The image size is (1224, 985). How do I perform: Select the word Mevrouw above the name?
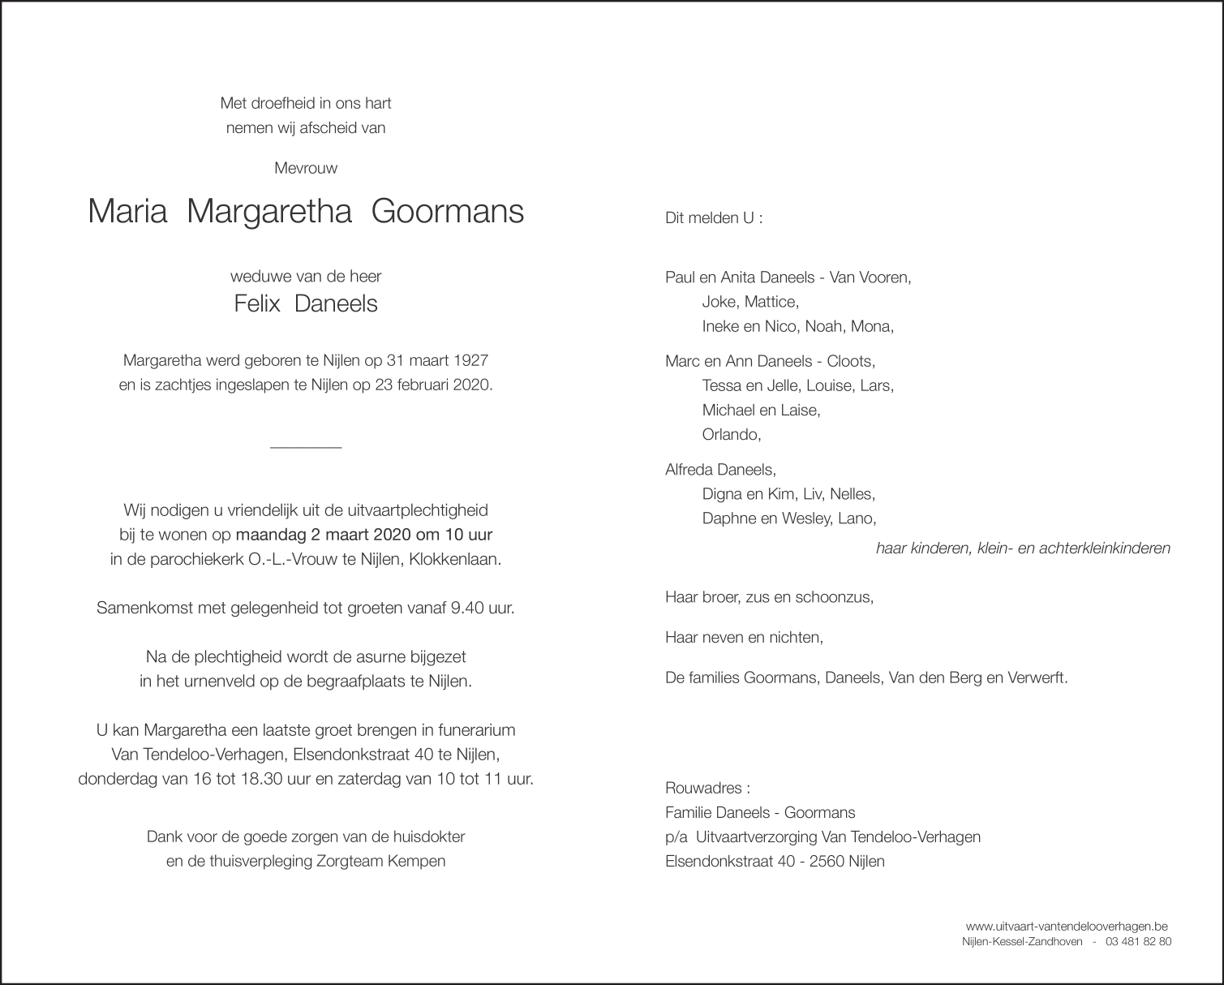tap(306, 169)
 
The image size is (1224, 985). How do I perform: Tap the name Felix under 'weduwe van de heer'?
tap(257, 304)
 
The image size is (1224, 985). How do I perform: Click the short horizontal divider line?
tap(306, 447)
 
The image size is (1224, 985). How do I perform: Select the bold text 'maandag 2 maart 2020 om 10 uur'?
tap(363, 536)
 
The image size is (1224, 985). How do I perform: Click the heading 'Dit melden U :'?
tap(714, 218)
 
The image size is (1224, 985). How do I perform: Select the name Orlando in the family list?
tap(731, 435)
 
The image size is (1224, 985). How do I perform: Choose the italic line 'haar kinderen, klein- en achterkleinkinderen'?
tap(1023, 548)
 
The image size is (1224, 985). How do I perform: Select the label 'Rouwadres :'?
tap(707, 789)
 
